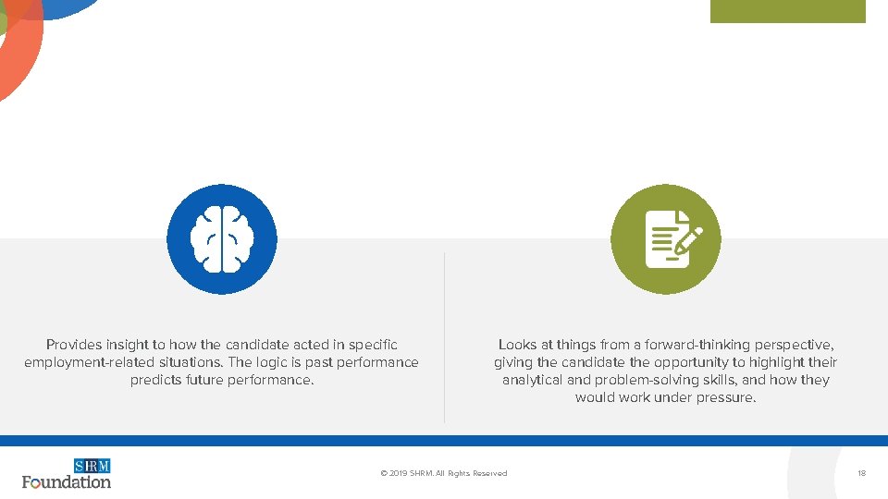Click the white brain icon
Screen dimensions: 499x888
pos(221,239)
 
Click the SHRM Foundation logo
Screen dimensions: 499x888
pos(67,473)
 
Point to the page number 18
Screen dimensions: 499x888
pos(861,473)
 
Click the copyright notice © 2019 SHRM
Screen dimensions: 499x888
pos(443,473)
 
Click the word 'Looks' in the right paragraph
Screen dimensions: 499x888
pos(517,345)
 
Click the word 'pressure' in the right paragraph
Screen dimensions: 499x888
pos(728,397)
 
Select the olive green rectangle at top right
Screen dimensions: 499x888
pos(787,11)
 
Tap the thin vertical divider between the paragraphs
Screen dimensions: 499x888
pos(444,337)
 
